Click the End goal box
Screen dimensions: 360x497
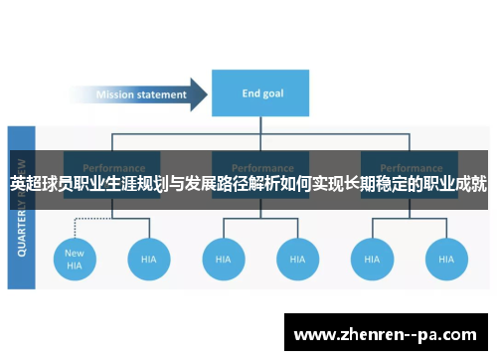264,95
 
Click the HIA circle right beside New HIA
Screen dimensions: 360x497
149,259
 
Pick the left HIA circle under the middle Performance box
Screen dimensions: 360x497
224,259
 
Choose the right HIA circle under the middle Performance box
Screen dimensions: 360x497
297,259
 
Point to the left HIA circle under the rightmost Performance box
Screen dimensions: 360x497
371,259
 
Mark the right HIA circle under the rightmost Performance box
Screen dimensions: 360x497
445,259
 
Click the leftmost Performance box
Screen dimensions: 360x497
113,169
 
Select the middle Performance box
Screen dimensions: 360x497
261,169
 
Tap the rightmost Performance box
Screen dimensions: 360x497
410,169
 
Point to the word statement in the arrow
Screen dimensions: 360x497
163,95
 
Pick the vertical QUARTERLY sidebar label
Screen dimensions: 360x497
21,209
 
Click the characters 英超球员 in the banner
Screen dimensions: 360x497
41,184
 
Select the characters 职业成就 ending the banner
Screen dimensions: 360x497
455,184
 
